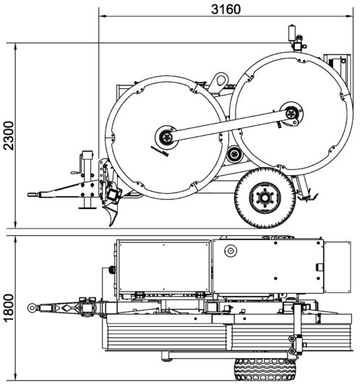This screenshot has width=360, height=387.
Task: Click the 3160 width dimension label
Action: (x=226, y=9)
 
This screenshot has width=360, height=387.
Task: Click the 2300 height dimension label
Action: (x=9, y=135)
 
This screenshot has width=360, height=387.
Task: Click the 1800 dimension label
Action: (x=9, y=307)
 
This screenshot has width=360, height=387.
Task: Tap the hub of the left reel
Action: (x=166, y=137)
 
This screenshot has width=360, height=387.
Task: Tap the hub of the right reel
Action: (x=292, y=114)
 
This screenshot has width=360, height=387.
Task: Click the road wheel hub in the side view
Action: (x=265, y=197)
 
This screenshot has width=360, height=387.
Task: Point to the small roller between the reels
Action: (x=234, y=155)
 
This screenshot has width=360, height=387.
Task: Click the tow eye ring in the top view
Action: (x=32, y=307)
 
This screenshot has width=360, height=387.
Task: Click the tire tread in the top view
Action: (x=265, y=370)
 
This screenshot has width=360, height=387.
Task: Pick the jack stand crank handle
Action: (x=77, y=166)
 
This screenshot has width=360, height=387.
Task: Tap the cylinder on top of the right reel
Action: (x=292, y=33)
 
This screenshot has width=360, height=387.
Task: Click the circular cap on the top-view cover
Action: (x=231, y=251)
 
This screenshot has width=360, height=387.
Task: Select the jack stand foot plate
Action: (x=87, y=208)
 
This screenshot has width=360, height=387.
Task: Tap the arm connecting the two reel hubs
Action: (x=229, y=125)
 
